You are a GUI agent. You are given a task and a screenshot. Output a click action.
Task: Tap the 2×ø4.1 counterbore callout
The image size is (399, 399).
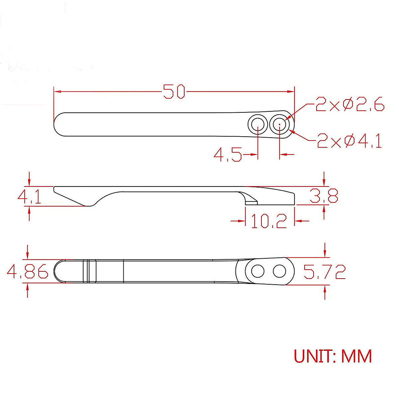pos(349,141)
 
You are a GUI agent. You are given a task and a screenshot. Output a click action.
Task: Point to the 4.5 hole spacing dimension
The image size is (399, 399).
pos(227,155)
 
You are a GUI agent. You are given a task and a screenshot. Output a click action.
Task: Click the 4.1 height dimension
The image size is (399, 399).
pos(29,197)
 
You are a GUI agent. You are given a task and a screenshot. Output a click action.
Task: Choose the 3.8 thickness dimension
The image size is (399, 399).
pos(324,196)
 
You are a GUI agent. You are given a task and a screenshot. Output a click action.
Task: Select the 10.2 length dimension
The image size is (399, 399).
pos(269,221)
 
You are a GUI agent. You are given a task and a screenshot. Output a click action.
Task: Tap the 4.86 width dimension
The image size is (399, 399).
pos(28,271)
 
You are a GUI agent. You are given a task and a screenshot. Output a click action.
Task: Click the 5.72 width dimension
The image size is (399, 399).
pos(324,272)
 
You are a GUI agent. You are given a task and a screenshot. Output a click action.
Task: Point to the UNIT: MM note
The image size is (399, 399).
pos(333,356)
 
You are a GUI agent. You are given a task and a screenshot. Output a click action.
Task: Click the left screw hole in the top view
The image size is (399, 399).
pos(258,125)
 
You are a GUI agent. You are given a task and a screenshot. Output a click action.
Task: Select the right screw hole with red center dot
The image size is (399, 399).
pos(280,125)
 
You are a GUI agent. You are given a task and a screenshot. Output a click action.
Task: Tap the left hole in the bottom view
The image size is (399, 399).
pos(258,271)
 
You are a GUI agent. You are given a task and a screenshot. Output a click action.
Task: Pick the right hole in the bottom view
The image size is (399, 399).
pos(279,271)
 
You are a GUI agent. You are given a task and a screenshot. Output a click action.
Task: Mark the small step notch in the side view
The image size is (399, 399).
pos(251,201)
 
